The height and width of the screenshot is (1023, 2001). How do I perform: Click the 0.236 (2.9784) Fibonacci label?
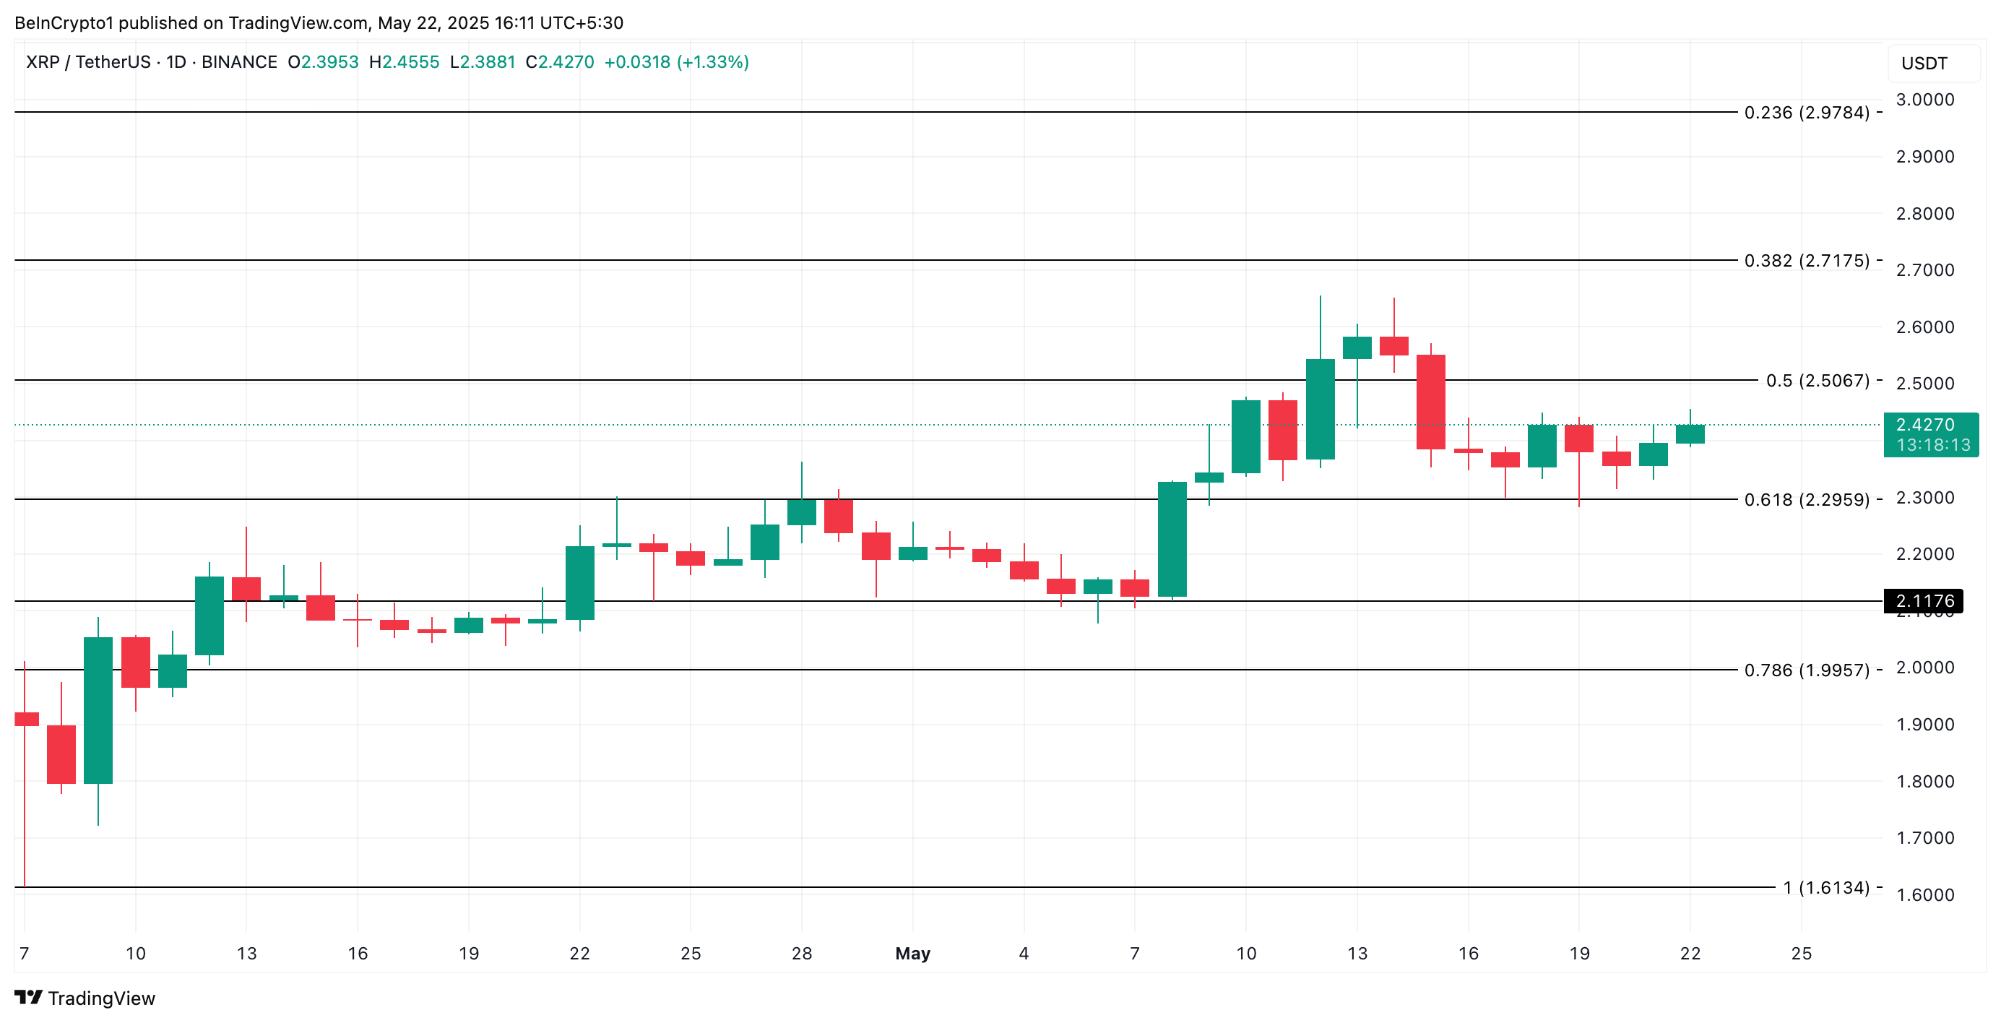[x=1806, y=113]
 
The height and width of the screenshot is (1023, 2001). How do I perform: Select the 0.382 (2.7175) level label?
[x=1806, y=260]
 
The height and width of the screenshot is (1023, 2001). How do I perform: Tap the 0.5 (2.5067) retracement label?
[x=1817, y=381]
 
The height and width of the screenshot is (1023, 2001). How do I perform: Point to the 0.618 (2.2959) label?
[x=1806, y=499]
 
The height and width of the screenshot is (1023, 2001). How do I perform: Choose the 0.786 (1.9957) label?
[x=1806, y=670]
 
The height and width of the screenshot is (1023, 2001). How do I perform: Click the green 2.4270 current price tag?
[x=1930, y=434]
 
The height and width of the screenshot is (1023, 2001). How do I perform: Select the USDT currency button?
[x=1924, y=64]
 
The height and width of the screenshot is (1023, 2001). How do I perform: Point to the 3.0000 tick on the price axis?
[x=1924, y=100]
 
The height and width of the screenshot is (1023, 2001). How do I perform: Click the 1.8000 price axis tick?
[x=1924, y=782]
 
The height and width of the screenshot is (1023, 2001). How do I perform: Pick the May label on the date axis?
[x=912, y=953]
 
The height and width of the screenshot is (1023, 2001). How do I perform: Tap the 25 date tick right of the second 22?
[x=1801, y=953]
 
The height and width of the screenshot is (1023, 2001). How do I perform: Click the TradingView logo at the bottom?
[x=85, y=998]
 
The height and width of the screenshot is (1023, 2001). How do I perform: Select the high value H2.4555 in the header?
[x=404, y=62]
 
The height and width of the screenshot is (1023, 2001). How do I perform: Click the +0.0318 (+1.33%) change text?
[x=676, y=62]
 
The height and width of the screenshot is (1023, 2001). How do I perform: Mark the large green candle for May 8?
[x=1172, y=539]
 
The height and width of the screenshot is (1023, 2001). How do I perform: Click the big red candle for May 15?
[x=1430, y=402]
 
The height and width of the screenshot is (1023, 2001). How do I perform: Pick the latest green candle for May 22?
[x=1690, y=434]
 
